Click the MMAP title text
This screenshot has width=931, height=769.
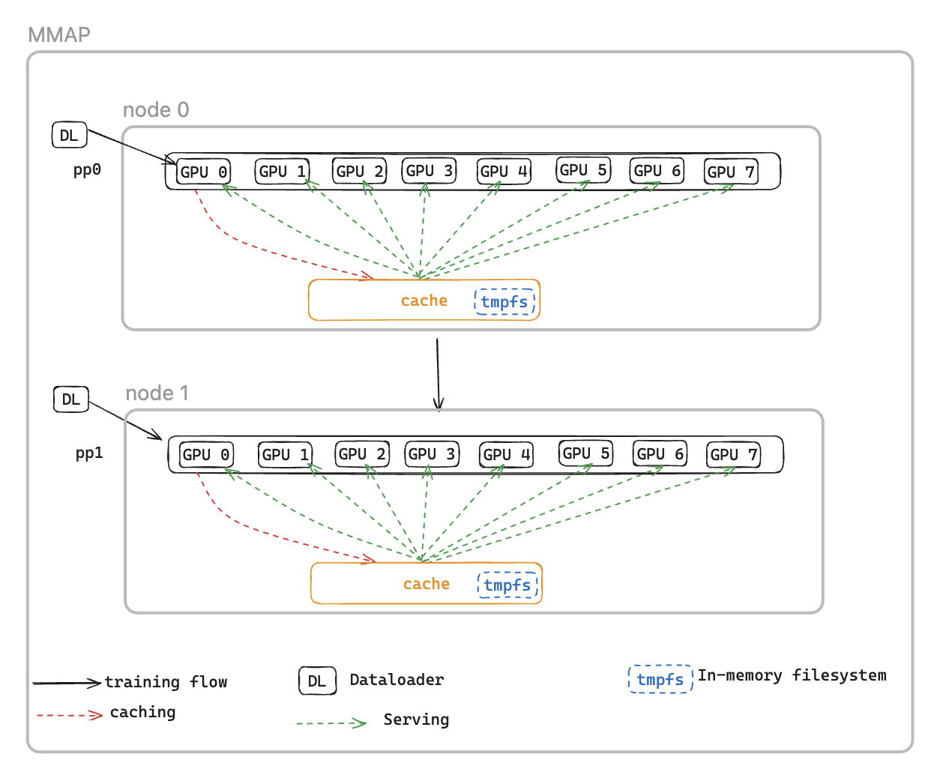58,35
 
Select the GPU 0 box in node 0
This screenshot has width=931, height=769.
204,172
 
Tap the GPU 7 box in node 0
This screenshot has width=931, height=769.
731,172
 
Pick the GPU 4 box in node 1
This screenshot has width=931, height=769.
506,454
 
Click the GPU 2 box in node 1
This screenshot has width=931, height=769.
362,453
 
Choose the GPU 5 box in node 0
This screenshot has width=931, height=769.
583,170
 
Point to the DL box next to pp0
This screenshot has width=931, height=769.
69,136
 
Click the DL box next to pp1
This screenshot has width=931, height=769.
71,399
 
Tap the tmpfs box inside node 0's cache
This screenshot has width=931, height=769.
504,302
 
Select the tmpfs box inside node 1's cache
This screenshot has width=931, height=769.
507,585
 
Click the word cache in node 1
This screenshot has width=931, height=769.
426,584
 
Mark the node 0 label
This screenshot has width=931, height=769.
156,110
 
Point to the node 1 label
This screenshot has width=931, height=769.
157,393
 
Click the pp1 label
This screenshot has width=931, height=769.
89,453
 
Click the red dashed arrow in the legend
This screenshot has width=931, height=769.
69,715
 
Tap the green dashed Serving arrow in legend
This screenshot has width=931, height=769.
331,723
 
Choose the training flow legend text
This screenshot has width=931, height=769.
166,682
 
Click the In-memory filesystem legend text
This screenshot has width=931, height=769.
792,675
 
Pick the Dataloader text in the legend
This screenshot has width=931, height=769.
397,680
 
